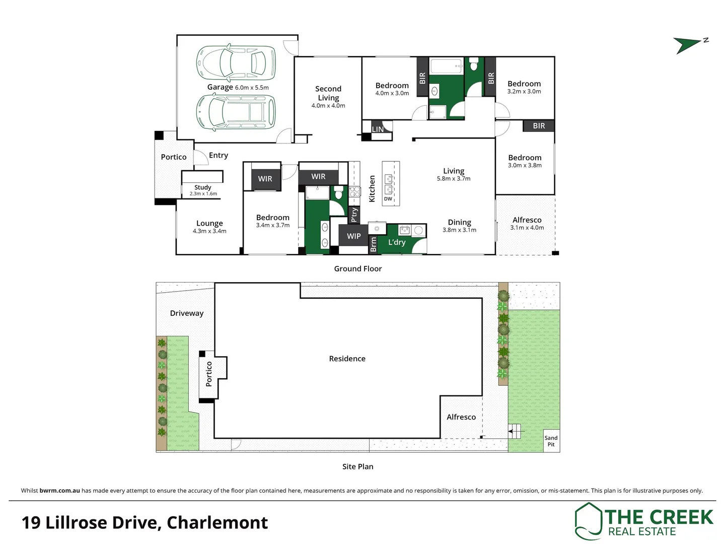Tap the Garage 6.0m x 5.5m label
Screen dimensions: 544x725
tap(238, 87)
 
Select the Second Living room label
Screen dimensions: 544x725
tap(328, 96)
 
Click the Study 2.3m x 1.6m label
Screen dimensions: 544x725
tap(203, 190)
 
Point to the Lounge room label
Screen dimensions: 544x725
tap(209, 226)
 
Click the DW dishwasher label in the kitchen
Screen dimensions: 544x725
tap(388, 199)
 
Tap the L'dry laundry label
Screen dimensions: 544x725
tap(397, 242)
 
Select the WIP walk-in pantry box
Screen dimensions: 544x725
tap(353, 236)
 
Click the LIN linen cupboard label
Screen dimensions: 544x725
tap(378, 129)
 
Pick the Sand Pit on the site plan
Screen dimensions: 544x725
tap(551, 441)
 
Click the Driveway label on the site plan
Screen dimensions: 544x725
tap(187, 313)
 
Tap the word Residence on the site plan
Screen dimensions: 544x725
tap(347, 359)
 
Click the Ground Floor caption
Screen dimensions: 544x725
tap(358, 269)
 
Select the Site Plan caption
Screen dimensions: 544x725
tap(358, 467)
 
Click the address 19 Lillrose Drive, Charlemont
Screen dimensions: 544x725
tap(144, 523)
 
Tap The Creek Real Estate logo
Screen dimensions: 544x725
tap(644, 521)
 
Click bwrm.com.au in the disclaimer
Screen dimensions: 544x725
tap(59, 491)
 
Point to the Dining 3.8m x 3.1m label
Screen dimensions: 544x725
tap(459, 225)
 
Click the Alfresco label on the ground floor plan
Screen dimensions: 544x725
tap(527, 223)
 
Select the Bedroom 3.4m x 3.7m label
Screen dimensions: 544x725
tap(272, 221)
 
